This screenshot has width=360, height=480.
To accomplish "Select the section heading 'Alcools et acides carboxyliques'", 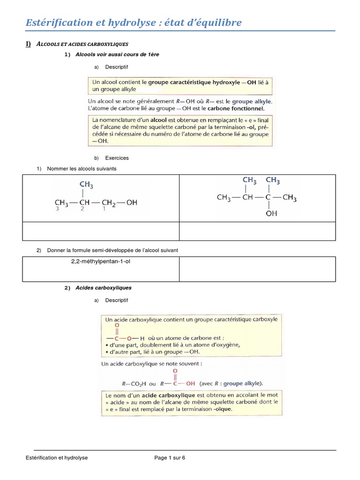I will (x=82, y=44).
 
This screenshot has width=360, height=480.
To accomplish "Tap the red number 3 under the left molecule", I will (x=58, y=210).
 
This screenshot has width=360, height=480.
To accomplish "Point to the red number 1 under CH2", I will (x=104, y=210).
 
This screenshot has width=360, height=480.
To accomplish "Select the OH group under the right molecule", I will (x=271, y=213).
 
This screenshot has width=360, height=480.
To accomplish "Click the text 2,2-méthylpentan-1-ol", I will (x=101, y=261).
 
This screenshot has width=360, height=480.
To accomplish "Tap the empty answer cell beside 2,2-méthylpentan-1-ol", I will (x=257, y=269).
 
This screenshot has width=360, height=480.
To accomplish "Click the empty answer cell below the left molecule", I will (x=101, y=231).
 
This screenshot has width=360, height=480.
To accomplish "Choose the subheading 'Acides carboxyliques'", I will (x=104, y=288).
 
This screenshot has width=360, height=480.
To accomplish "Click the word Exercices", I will (x=117, y=158).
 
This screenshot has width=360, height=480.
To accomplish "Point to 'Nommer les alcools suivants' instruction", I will (x=82, y=168).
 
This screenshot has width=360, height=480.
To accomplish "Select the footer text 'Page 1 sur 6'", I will (x=170, y=458).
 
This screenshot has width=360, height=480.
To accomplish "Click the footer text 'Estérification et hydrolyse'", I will (x=57, y=458).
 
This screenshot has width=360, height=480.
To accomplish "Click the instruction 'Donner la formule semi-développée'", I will (x=112, y=251).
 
